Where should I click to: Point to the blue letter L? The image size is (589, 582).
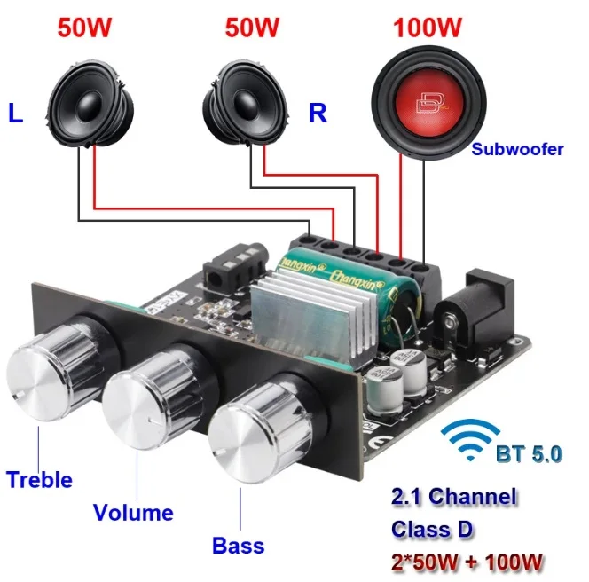pos(16,113)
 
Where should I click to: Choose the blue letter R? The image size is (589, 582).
pos(318,113)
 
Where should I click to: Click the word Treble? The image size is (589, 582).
pos(39,480)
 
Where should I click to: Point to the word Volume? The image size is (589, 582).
pos(133,513)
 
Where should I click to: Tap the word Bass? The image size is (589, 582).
pos(238,545)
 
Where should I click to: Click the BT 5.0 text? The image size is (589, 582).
pos(529,454)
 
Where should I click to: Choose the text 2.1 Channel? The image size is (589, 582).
pos(453,497)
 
